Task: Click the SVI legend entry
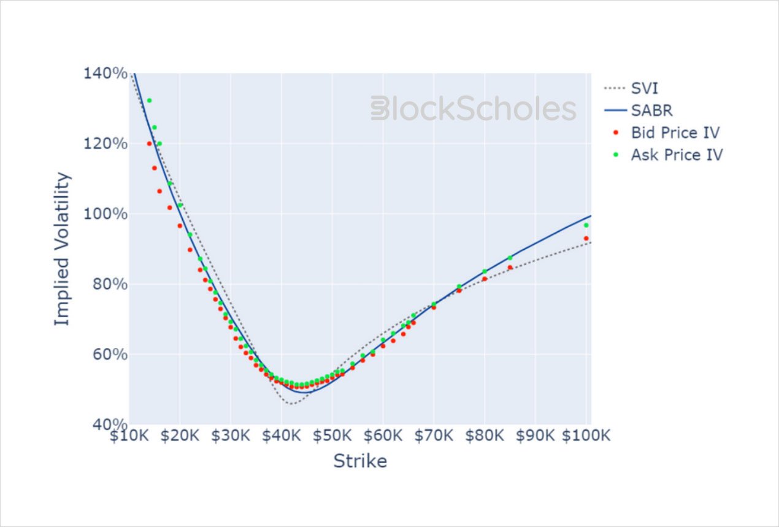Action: (x=644, y=88)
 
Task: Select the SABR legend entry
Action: (x=651, y=110)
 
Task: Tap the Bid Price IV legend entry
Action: (x=675, y=133)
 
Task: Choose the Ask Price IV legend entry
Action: (x=677, y=155)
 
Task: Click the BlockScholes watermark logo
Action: (x=474, y=109)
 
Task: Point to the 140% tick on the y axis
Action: (x=105, y=74)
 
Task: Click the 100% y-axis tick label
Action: (x=105, y=214)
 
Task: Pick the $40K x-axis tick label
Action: (x=281, y=436)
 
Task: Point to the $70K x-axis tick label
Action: (x=433, y=436)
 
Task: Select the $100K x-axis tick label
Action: (x=586, y=436)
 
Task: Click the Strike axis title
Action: (x=360, y=461)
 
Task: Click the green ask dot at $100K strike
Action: (x=586, y=225)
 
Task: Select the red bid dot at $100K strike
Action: (x=586, y=238)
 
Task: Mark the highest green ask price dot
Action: (x=149, y=100)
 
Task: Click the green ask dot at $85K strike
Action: (x=510, y=258)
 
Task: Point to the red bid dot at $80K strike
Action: (x=485, y=279)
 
